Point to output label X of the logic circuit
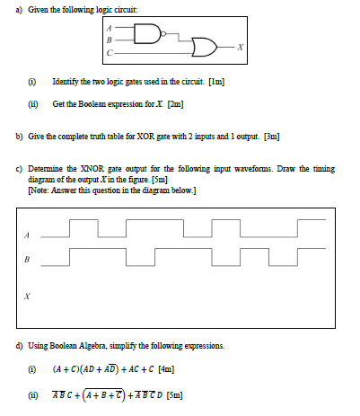[240, 47]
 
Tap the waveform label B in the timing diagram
[28, 260]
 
